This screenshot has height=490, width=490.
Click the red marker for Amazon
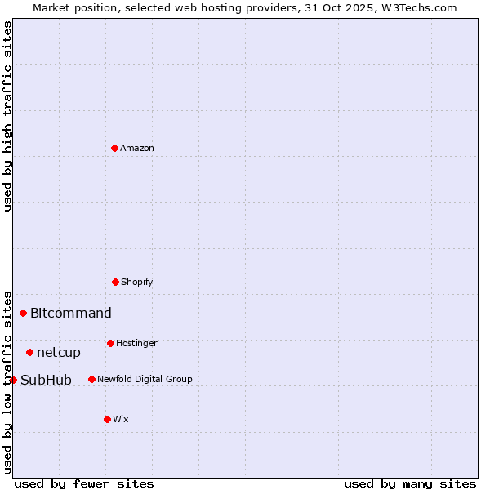[114, 148]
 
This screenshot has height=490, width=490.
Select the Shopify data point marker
[115, 282]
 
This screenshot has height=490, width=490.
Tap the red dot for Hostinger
[110, 343]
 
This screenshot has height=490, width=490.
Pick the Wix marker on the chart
[107, 419]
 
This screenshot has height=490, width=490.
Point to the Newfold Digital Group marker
[91, 379]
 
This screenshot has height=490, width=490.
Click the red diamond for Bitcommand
[23, 313]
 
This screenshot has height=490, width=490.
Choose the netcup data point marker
[29, 352]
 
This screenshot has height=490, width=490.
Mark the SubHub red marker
[13, 380]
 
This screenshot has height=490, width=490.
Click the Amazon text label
[137, 148]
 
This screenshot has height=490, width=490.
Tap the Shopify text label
[137, 282]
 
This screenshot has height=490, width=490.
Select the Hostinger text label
[136, 343]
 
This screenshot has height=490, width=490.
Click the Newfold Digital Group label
[145, 379]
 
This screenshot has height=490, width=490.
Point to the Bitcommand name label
[71, 313]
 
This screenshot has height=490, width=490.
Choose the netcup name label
[59, 352]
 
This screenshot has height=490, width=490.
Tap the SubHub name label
[47, 380]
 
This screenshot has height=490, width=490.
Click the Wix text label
[121, 419]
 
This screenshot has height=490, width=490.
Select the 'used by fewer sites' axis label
[84, 483]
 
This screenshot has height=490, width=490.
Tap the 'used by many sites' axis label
[410, 483]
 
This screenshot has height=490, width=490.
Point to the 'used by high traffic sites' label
[7, 116]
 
